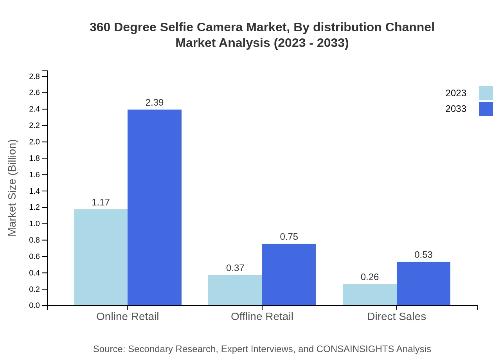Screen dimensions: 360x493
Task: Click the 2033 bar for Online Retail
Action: (x=155, y=207)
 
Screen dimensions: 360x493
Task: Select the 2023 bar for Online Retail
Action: (x=101, y=257)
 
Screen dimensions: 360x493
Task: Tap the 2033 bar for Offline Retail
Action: (x=289, y=275)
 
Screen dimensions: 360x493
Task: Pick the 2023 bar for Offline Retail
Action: (x=235, y=290)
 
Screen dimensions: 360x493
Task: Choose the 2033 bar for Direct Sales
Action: (x=423, y=284)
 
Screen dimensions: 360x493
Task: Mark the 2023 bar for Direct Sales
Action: (x=370, y=295)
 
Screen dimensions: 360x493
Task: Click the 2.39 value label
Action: (x=155, y=103)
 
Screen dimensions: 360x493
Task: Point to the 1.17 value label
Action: (x=101, y=202)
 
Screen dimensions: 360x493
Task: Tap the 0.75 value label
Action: (x=289, y=237)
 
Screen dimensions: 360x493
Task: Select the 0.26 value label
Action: (x=370, y=277)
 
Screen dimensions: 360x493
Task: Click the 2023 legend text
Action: (x=456, y=93)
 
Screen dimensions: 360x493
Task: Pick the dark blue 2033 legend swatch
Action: (x=486, y=109)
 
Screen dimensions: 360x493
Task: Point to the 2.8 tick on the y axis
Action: (x=35, y=76)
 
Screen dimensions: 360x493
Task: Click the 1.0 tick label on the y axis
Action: (x=35, y=224)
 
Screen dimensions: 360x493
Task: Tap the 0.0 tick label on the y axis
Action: (x=35, y=306)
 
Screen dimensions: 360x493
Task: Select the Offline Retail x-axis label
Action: (x=262, y=317)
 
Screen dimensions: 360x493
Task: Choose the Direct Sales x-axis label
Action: (x=396, y=317)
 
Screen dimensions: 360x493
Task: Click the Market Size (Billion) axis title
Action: (x=12, y=188)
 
